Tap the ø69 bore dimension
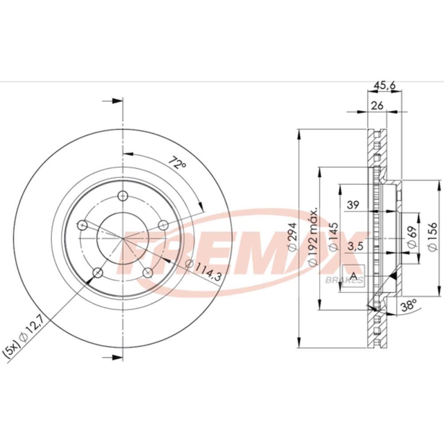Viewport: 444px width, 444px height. (x=411, y=238)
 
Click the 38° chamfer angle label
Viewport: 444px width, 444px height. (x=408, y=305)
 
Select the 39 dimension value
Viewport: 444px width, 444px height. (x=353, y=205)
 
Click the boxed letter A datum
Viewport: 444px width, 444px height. (x=354, y=277)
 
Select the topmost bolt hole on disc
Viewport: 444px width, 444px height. (x=123, y=195)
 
